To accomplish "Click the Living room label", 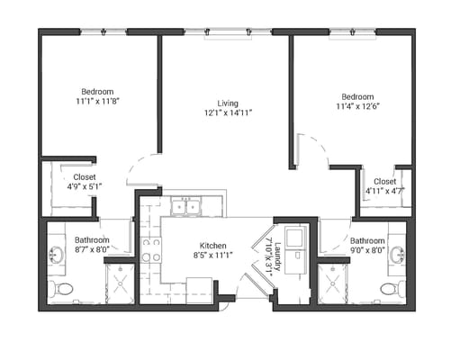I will tap(225, 103).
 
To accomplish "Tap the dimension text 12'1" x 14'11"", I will tap(225, 113).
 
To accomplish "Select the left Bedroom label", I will tap(97, 92).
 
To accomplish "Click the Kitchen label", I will tap(212, 246).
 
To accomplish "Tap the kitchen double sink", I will tap(186, 207).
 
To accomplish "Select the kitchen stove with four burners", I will tap(150, 249).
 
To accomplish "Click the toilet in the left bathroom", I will tap(61, 289).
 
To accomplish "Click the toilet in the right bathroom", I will tap(391, 289).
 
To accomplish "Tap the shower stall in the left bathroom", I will tap(119, 283).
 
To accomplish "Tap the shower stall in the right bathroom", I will tap(333, 283).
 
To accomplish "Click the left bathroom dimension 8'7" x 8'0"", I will tap(92, 251).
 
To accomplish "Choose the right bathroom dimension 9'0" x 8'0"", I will tap(367, 251).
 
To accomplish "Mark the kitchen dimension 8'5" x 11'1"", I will tap(212, 256).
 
